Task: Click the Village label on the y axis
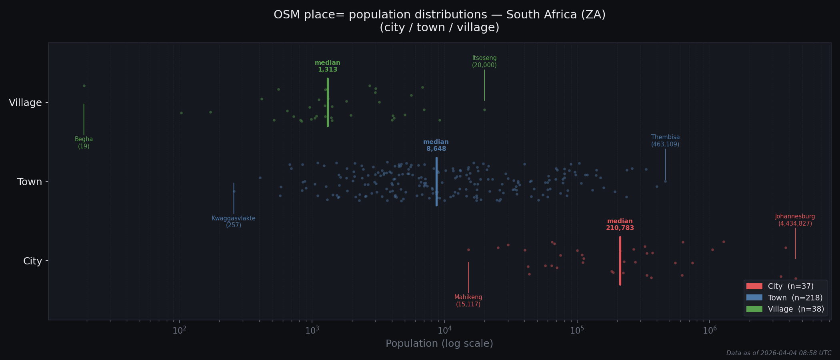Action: tap(25, 103)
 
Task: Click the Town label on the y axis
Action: tap(30, 182)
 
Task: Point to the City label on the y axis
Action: tap(32, 261)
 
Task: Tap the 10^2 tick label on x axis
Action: tap(180, 330)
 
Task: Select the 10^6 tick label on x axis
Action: tap(710, 330)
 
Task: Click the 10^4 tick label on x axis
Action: tap(444, 330)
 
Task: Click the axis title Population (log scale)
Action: tap(439, 344)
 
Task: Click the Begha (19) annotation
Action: tap(84, 143)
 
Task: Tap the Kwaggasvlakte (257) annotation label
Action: tap(234, 222)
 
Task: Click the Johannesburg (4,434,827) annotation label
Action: tap(795, 220)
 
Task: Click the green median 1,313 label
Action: tap(328, 66)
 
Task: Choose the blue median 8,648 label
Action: tap(436, 145)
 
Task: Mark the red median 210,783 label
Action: tap(620, 224)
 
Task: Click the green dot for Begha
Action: tap(84, 86)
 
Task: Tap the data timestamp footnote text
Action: tap(779, 353)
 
